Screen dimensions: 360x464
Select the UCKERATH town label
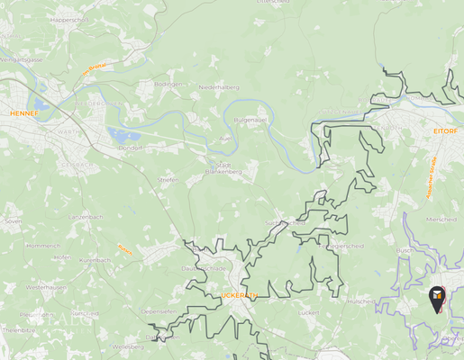coord(239,295)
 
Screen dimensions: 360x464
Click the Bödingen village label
coord(168,84)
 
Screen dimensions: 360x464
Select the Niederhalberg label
coord(220,87)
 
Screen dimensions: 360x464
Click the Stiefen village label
coord(168,180)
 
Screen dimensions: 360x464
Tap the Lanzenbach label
coord(88,217)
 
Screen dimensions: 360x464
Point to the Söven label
coord(14,220)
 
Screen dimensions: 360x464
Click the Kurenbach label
coord(94,260)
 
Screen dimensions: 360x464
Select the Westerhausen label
coord(45,287)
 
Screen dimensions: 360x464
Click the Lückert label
coord(308,313)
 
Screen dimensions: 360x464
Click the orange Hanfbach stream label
coord(124,250)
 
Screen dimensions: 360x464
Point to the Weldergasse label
coord(23,58)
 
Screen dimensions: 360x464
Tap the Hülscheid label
coord(360,301)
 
